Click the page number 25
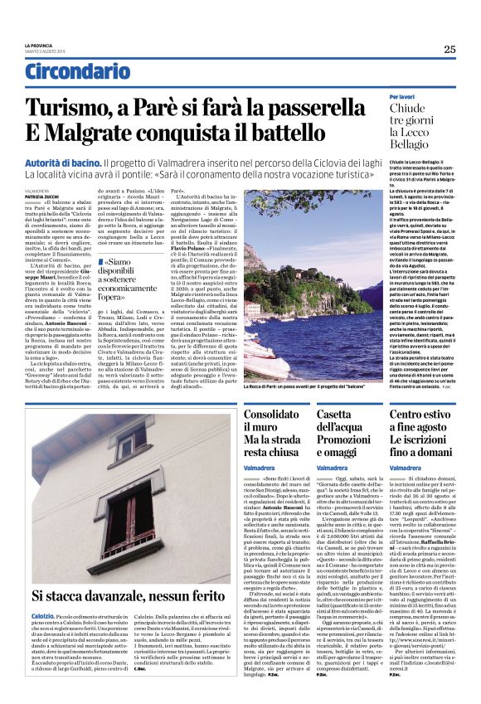coord(449,49)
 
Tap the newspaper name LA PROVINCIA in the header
coord(38,45)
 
